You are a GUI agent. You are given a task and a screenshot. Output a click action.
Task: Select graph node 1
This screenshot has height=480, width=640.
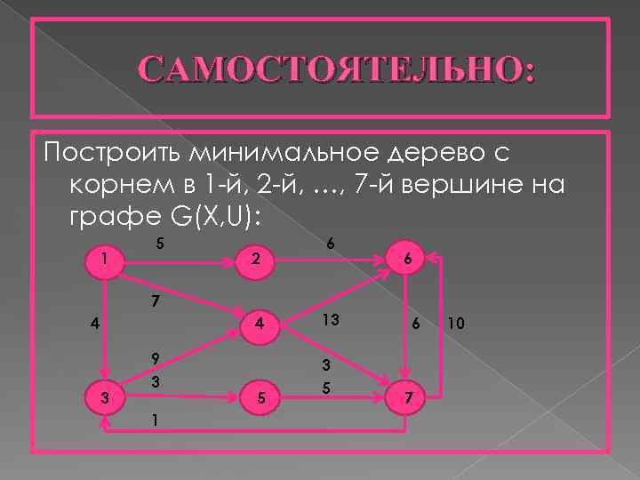(105, 260)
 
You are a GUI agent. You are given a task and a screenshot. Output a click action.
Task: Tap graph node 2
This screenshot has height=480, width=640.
(255, 260)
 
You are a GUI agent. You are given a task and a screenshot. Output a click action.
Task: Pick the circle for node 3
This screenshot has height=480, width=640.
(105, 397)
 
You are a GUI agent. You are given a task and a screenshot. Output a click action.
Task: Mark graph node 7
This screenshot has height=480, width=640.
(406, 396)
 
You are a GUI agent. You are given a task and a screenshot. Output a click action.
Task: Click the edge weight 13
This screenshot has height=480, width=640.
(331, 320)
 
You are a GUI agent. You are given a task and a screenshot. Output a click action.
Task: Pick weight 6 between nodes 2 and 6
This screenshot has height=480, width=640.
(331, 243)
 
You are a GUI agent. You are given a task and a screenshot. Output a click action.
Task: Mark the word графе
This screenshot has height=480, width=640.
(112, 218)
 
